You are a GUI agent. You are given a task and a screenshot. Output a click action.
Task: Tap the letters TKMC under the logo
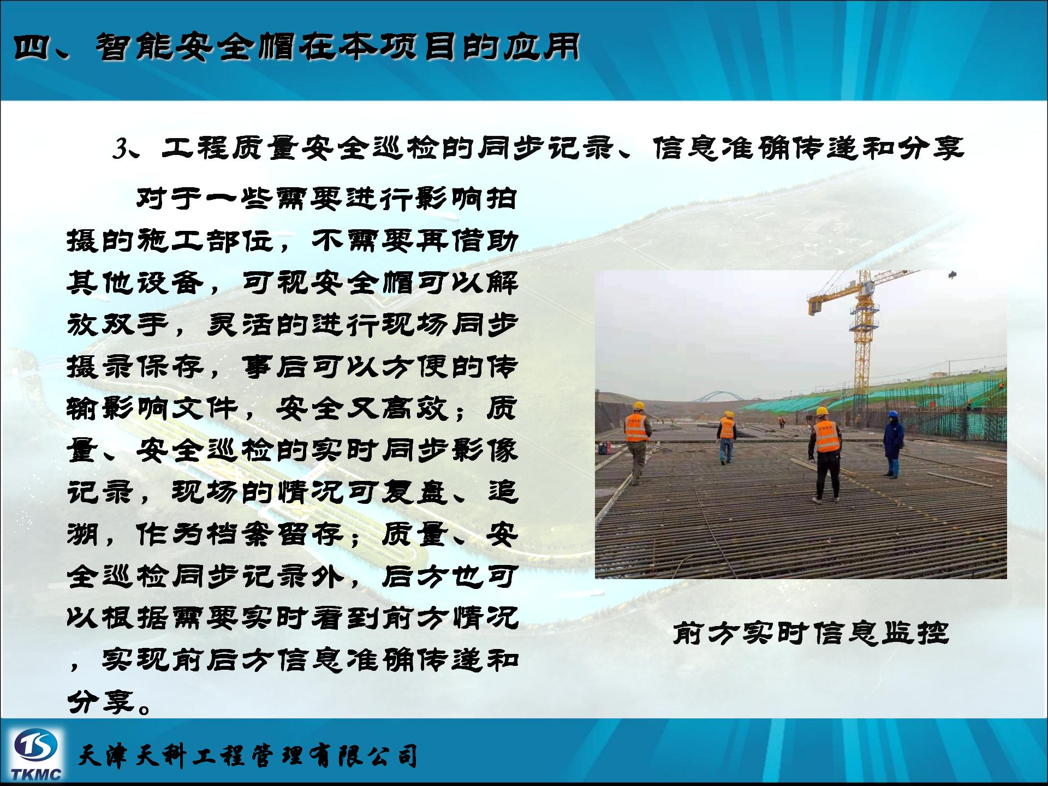click(36, 774)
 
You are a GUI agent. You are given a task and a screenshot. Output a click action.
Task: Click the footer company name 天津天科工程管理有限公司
click(248, 756)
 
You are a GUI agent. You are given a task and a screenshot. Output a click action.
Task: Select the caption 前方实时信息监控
click(811, 634)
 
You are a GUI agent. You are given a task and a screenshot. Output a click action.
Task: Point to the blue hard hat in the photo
click(893, 414)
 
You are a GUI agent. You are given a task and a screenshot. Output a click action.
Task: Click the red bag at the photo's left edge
click(604, 448)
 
